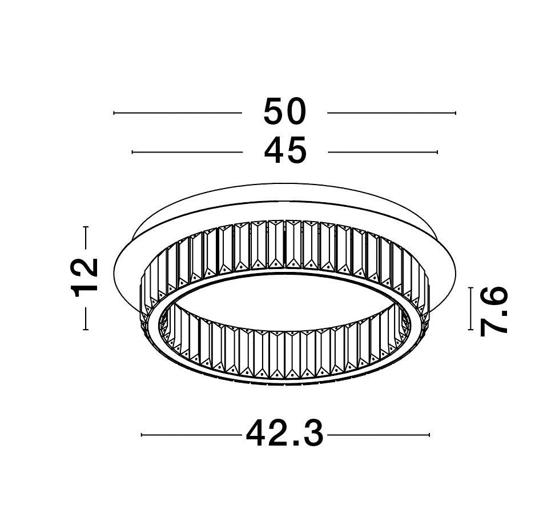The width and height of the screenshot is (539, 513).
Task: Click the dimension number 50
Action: (284, 111)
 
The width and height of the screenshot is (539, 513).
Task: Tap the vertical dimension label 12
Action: (85, 278)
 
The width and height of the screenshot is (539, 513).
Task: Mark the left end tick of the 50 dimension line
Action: (114, 113)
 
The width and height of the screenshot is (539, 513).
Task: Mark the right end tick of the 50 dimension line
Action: (456, 113)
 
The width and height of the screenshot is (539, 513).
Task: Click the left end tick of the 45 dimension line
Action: (132, 152)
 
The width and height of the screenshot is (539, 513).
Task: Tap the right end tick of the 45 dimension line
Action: (437, 152)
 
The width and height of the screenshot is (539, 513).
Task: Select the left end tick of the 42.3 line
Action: (142, 435)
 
